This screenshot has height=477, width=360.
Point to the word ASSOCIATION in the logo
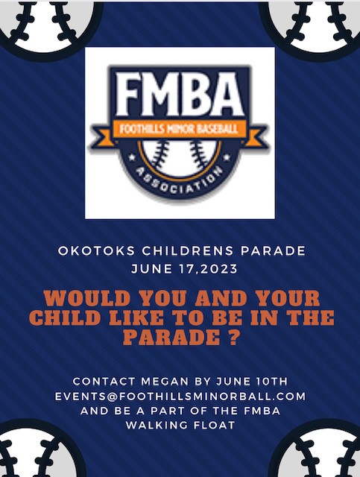click(x=179, y=182)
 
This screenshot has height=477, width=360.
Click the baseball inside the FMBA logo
click(x=180, y=157)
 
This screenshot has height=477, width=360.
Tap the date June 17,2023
click(x=184, y=269)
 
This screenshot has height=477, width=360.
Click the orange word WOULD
click(x=87, y=298)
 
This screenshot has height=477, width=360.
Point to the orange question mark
click(x=232, y=337)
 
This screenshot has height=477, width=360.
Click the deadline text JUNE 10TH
click(x=251, y=381)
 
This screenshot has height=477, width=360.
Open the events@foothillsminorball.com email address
click(x=180, y=397)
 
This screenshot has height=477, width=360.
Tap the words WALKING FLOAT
click(x=180, y=425)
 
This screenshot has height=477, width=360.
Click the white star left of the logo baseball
click(x=132, y=157)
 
